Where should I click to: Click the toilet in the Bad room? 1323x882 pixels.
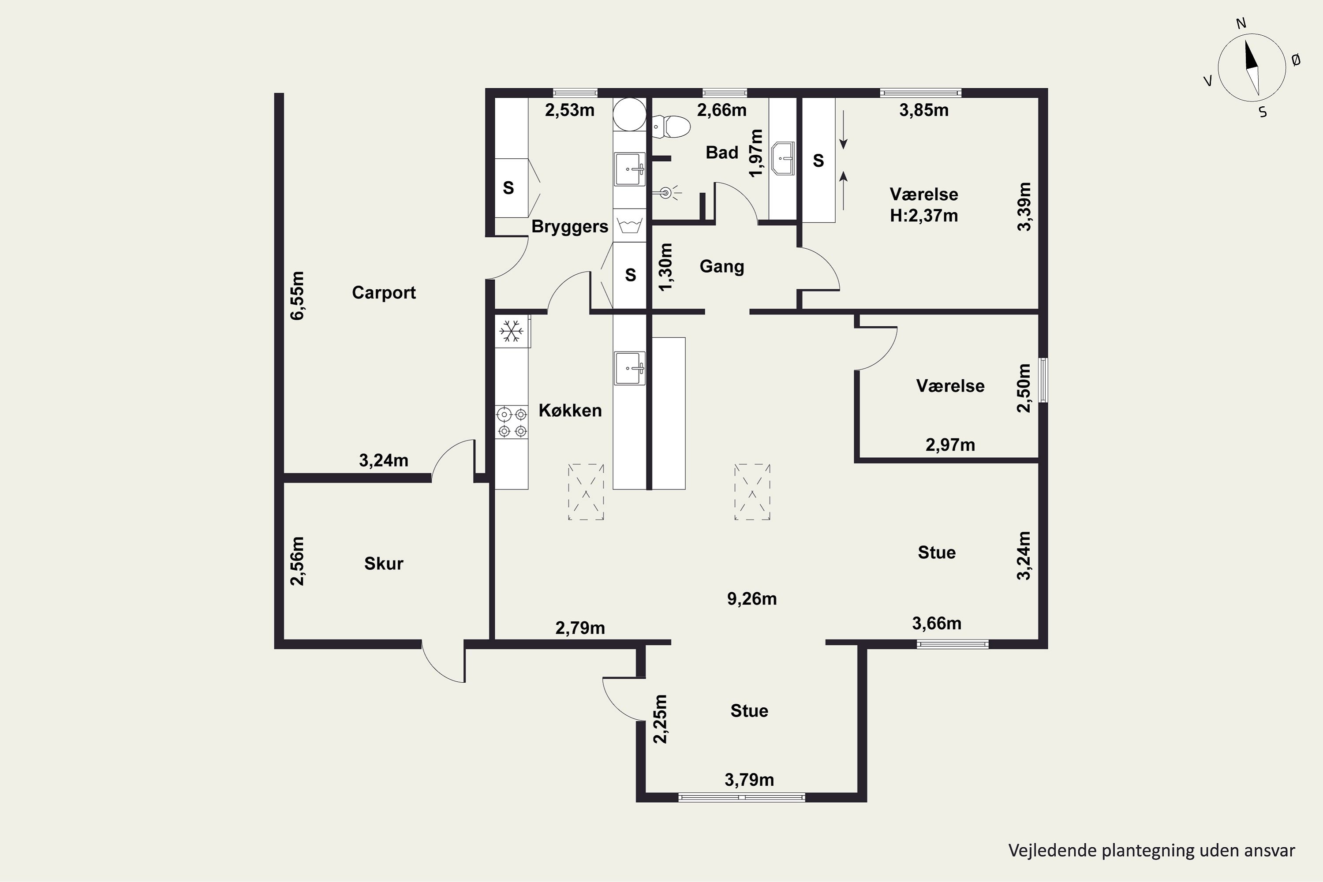tap(671, 127)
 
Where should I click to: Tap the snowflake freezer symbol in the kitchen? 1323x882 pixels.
tap(511, 331)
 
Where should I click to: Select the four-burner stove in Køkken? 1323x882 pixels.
tap(512, 422)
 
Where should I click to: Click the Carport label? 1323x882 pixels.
tap(384, 292)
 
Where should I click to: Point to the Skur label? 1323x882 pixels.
tap(384, 564)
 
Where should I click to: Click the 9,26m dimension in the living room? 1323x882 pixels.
tap(751, 598)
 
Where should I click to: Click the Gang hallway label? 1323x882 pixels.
tap(721, 266)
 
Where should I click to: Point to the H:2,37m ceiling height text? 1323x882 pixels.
tap(923, 216)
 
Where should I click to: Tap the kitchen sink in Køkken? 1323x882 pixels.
tap(629, 368)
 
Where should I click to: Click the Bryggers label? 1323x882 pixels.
tap(570, 227)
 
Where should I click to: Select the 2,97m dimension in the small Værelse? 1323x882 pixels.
tap(950, 445)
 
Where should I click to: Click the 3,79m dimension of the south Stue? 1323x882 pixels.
tap(749, 780)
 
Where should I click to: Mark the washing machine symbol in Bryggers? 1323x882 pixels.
tap(629, 225)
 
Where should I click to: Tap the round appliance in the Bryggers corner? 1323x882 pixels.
tap(629, 114)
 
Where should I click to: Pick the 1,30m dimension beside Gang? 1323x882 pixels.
tap(665, 267)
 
